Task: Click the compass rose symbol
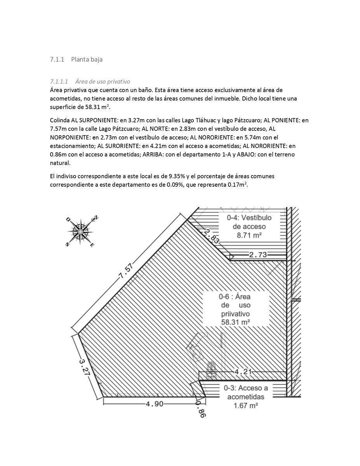pos(80,231)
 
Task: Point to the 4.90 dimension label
pos(155,404)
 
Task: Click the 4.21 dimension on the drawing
pos(243,372)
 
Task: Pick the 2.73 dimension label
pos(258,255)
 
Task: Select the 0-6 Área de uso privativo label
pos(235,309)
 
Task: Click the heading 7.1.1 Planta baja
pos(76,59)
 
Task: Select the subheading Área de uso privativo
pos(103,82)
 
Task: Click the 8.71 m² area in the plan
pos(249,235)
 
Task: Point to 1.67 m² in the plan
pos(245,405)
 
